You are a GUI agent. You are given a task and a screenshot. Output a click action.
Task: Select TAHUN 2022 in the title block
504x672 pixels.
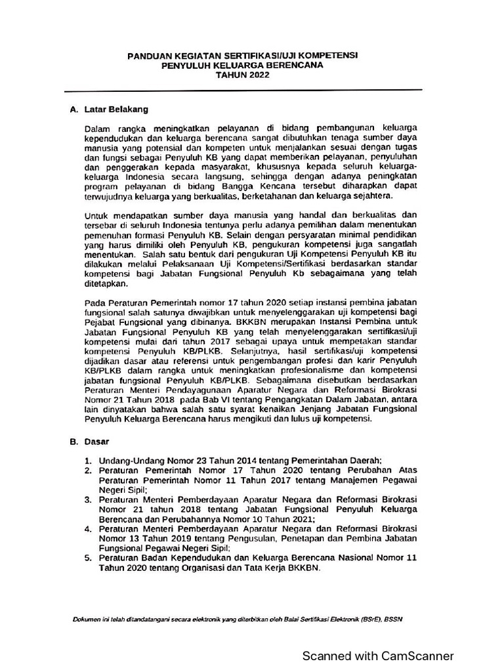242,75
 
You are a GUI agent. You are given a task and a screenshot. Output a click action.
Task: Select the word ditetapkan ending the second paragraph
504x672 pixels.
106,285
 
